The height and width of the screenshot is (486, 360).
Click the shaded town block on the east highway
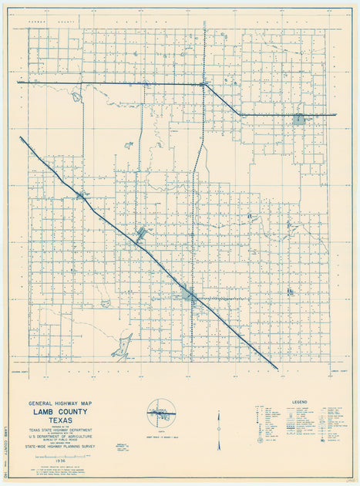click(x=298, y=119)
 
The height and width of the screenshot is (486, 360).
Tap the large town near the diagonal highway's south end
click(x=190, y=293)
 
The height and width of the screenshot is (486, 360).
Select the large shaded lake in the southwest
click(x=122, y=349)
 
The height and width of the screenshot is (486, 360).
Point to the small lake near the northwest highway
click(x=76, y=97)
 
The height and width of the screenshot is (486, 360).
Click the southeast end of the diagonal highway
click(x=276, y=368)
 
